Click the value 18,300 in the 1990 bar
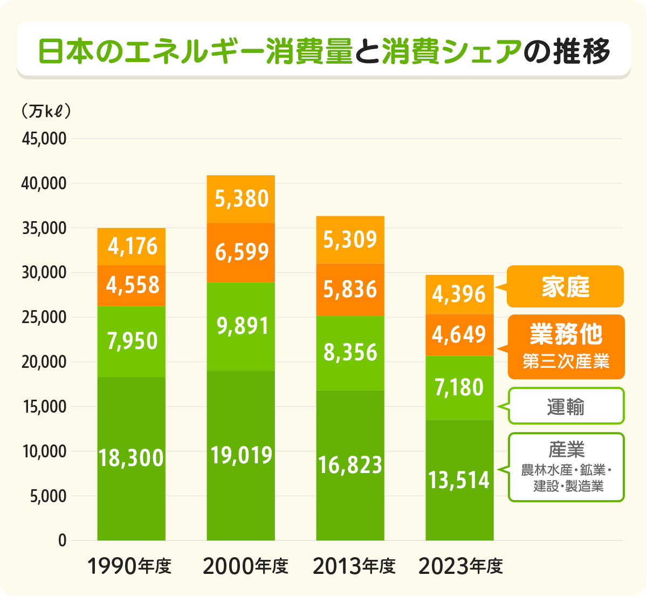pos(131,458)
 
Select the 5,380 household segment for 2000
pos(242,199)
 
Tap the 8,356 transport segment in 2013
pos(350,353)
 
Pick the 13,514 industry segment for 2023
pos(459,480)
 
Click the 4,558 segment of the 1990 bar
pos(132,285)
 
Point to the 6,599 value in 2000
pos(242,252)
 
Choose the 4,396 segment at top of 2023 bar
pos(459,294)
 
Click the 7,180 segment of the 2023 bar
pos(459,388)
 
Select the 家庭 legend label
pos(565,287)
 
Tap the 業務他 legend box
pos(565,346)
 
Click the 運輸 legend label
pos(565,407)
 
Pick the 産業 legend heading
pos(566,449)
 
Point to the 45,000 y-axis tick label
pos(44,139)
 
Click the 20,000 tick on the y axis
pos(44,362)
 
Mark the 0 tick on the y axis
pos(62,540)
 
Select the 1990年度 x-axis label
pos(129,566)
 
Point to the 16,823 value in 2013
pos(350,465)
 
